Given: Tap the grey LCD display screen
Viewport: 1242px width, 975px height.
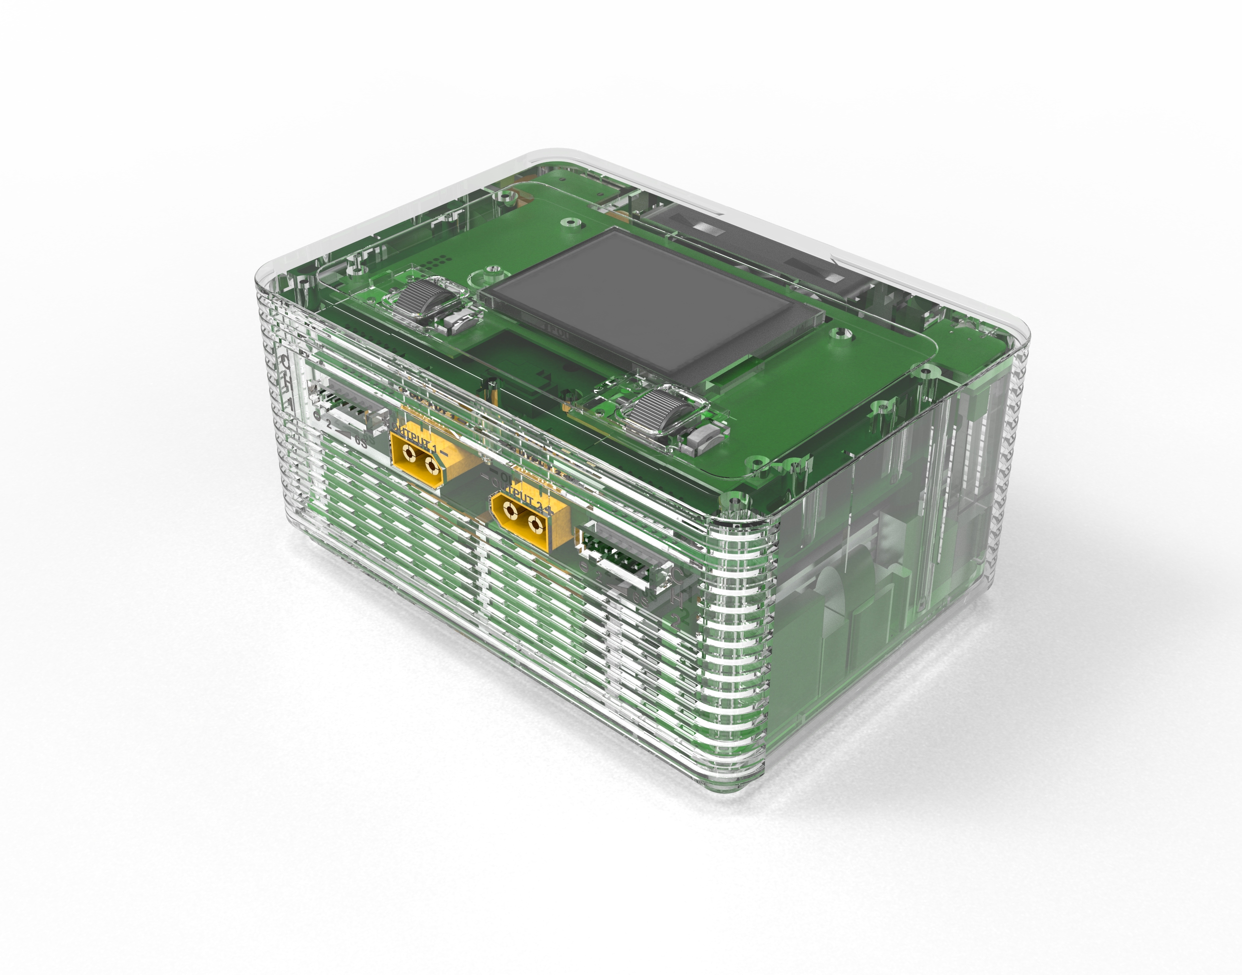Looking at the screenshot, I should point(651,301).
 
